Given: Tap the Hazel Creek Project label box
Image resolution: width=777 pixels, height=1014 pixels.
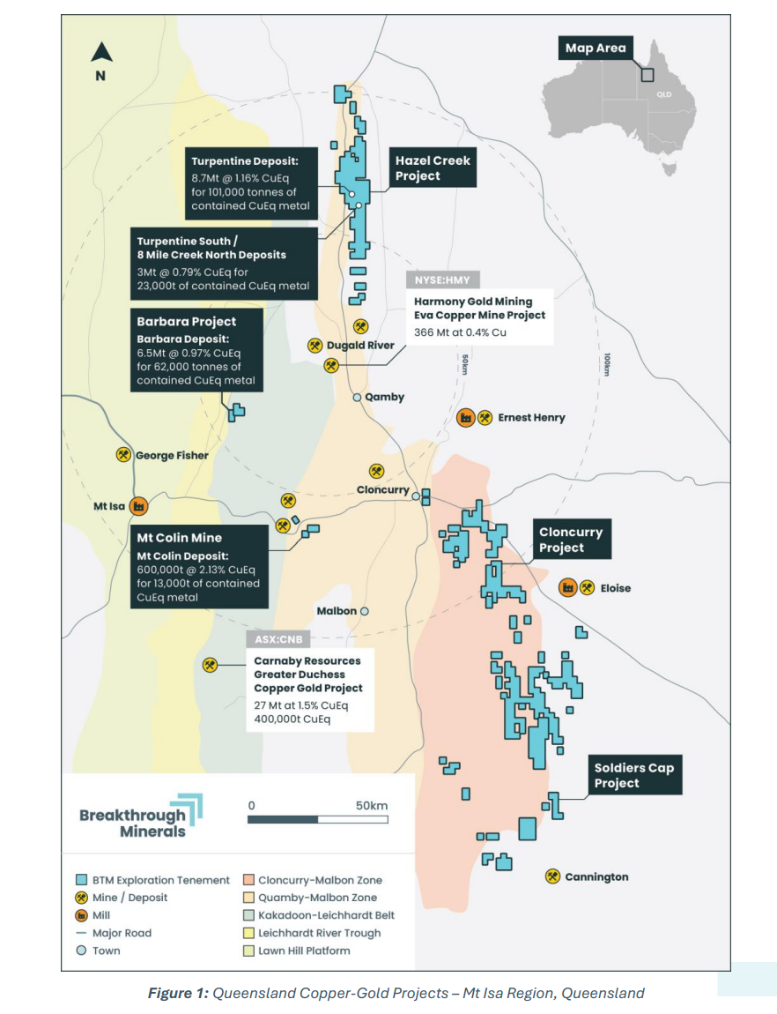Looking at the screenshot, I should (433, 168).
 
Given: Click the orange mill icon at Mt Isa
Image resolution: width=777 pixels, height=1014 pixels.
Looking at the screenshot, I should (138, 507).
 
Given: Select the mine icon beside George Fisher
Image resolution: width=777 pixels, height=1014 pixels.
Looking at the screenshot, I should (123, 455).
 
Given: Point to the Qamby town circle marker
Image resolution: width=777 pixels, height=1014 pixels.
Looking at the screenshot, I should (357, 398).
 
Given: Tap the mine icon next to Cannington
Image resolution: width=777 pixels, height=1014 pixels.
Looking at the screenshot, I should (552, 876).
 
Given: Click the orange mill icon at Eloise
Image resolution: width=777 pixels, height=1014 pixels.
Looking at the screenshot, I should (567, 587).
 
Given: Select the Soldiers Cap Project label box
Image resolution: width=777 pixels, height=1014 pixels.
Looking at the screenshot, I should (633, 775).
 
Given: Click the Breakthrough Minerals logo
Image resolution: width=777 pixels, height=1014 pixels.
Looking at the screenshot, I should (140, 816).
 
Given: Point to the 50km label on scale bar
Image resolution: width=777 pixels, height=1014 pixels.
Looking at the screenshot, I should (372, 805).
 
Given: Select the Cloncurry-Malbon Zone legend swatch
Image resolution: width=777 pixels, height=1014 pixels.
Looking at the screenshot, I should (250, 880).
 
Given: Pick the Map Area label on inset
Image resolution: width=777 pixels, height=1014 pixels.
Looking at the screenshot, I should (595, 48).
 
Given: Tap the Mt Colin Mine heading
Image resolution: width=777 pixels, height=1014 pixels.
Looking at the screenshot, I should (179, 538).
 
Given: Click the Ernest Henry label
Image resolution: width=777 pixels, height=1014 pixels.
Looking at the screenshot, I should (531, 418).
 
